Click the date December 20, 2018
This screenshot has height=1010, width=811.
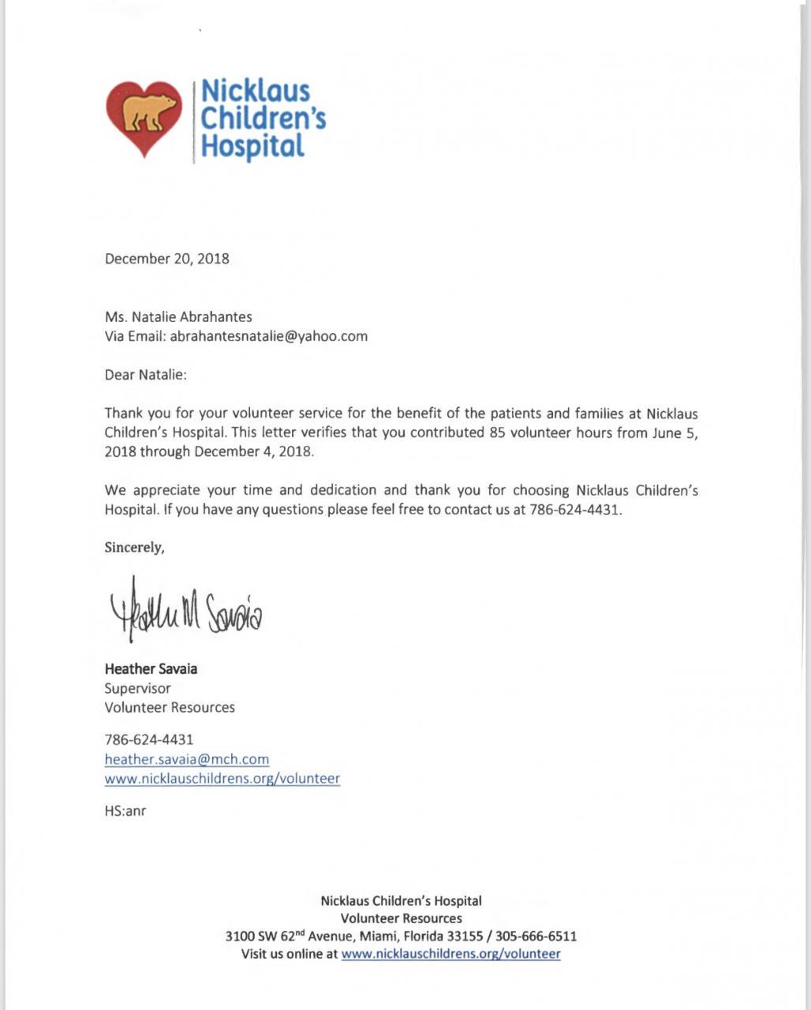click(x=167, y=259)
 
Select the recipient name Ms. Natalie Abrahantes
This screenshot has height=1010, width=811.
click(x=178, y=317)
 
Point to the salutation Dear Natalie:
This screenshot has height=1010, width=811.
click(x=146, y=375)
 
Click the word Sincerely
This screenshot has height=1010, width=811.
click(x=134, y=548)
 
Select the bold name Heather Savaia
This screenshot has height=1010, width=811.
click(x=151, y=669)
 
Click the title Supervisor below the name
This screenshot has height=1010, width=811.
click(x=137, y=688)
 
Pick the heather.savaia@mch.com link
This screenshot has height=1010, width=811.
click(x=187, y=759)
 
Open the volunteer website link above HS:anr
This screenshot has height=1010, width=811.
click(x=222, y=779)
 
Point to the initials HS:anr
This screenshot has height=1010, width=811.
click(x=125, y=810)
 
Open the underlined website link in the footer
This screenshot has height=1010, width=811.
click(x=450, y=954)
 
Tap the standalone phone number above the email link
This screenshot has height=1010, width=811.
click(x=149, y=740)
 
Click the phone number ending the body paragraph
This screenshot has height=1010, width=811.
click(x=574, y=510)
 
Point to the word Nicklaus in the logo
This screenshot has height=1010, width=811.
click(x=256, y=92)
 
